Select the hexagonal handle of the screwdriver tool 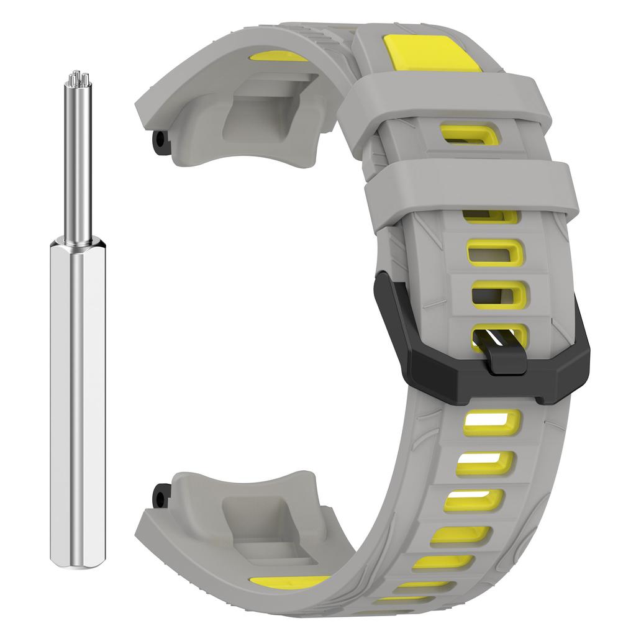click(75, 404)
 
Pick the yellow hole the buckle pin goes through click(497, 335)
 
